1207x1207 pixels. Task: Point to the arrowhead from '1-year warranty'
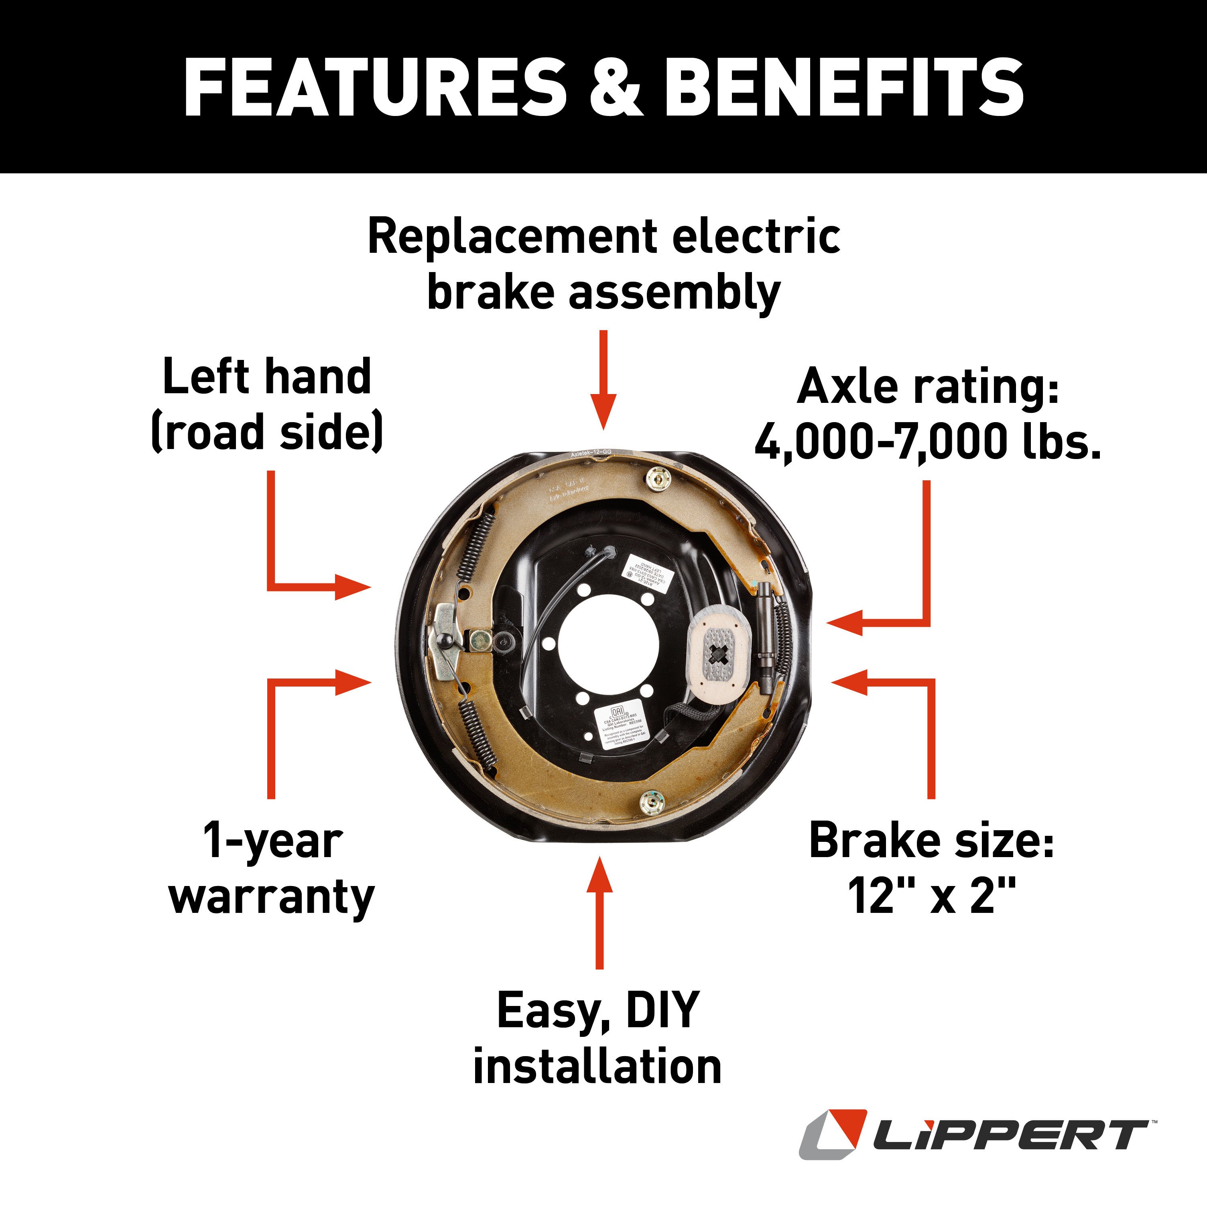pos(353,682)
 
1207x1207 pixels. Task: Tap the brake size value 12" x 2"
pos(931,895)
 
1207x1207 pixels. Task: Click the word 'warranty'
pos(272,897)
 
